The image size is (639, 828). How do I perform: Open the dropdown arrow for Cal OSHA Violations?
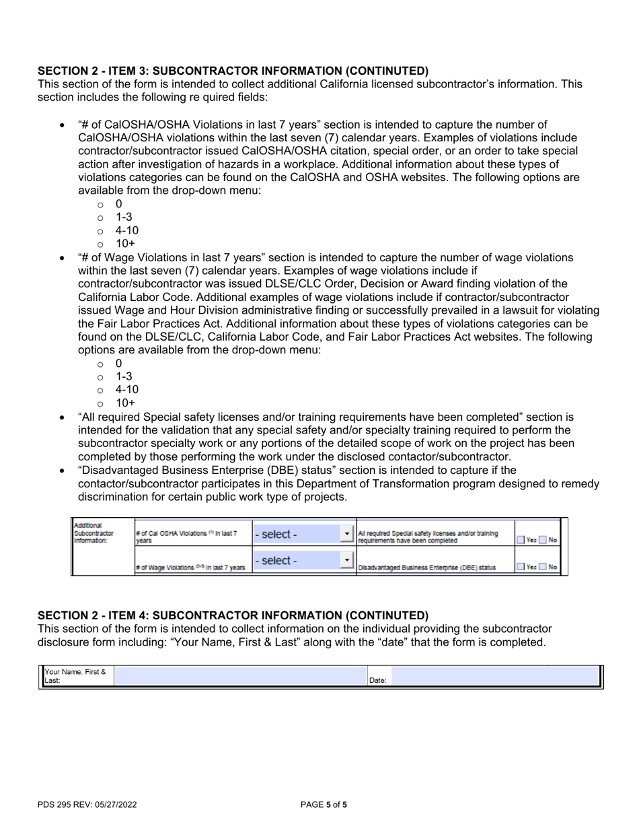click(x=347, y=534)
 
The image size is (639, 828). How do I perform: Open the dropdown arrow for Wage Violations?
click(x=347, y=560)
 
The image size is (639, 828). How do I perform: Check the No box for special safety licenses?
click(x=542, y=539)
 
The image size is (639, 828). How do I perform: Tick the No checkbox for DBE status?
click(x=542, y=567)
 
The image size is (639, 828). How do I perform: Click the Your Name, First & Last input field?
click(x=240, y=677)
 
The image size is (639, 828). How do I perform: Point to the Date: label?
click(x=377, y=681)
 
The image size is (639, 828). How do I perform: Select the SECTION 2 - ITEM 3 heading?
click(x=233, y=71)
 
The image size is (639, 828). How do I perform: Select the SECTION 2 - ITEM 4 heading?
click(x=233, y=615)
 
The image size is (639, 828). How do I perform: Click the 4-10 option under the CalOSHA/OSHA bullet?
click(x=127, y=230)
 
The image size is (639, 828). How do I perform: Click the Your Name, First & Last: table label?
click(x=76, y=677)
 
